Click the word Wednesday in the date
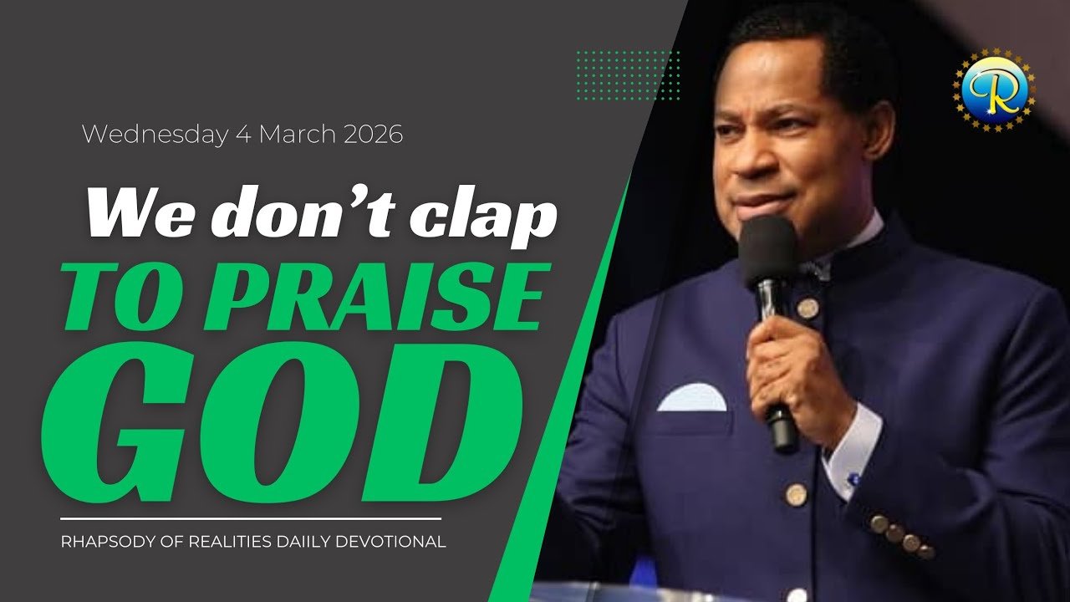155,135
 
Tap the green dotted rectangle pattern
629,75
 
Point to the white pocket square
692,397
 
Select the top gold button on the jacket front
808,309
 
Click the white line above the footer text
251,518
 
